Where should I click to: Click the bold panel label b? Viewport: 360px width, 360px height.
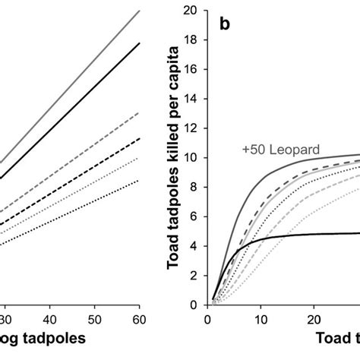tap(225, 24)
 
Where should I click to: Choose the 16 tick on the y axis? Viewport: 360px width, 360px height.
tap(194, 70)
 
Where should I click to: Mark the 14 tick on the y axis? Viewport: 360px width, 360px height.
tap(194, 99)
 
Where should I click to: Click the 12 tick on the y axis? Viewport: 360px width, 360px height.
tap(194, 129)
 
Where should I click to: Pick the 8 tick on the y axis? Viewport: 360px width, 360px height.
tap(197, 188)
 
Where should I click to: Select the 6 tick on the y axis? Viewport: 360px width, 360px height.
tap(197, 217)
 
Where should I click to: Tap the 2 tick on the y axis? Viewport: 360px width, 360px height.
tap(197, 276)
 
